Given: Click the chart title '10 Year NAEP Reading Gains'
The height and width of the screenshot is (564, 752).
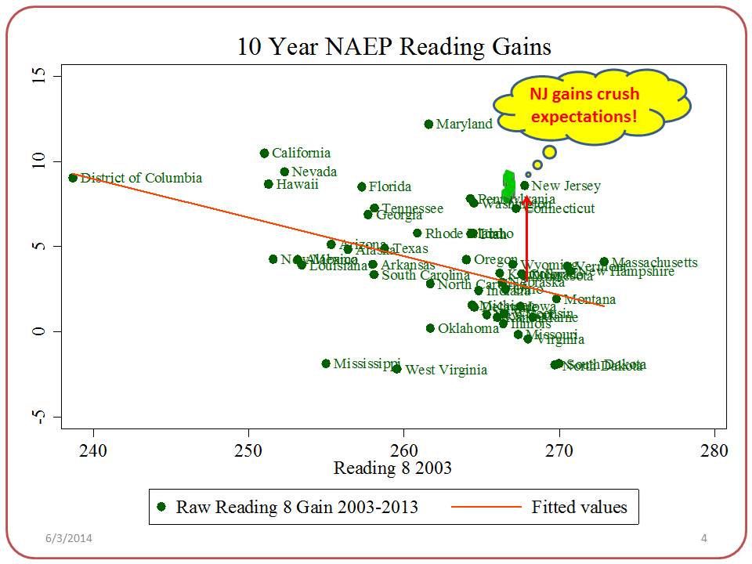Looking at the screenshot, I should click(x=395, y=46).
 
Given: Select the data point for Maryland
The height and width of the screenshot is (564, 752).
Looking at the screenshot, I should click(x=428, y=124).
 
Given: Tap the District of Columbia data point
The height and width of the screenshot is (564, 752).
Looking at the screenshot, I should click(x=73, y=178).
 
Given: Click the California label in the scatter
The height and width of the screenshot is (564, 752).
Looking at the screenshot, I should click(x=301, y=153).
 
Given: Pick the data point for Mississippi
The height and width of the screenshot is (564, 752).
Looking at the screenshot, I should click(x=326, y=363).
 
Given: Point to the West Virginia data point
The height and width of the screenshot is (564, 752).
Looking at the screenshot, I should click(x=397, y=369).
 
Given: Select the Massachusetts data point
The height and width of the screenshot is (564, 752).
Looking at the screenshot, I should click(x=604, y=262).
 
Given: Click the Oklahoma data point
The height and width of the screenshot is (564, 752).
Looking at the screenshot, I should click(x=430, y=328).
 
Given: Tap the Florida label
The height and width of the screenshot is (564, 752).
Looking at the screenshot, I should click(x=389, y=186).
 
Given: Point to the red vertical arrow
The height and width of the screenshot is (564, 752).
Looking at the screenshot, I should click(x=526, y=235).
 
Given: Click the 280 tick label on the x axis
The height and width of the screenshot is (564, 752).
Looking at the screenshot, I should click(x=714, y=451).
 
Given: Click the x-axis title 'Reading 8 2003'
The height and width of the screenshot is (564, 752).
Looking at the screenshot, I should click(x=392, y=468).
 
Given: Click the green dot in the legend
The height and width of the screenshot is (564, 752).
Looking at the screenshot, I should click(x=162, y=507).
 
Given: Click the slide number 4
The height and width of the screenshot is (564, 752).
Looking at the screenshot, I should click(x=703, y=538).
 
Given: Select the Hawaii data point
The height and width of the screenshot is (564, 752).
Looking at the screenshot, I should click(x=269, y=184).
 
